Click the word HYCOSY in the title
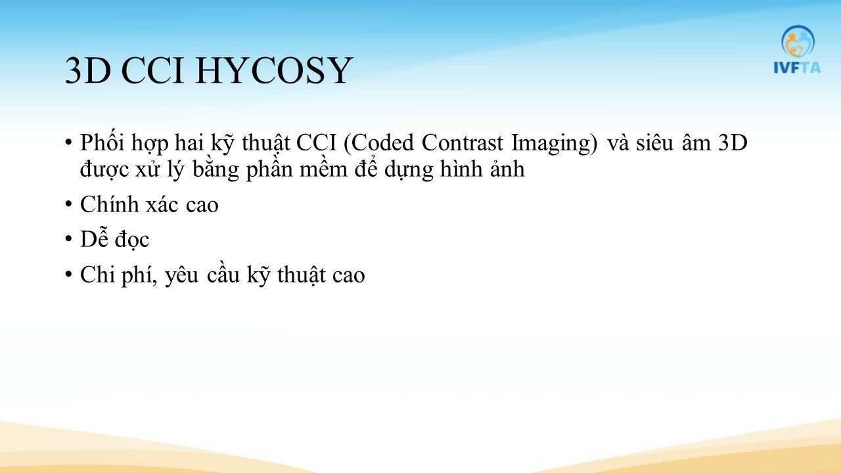[274, 70]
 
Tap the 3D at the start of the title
[88, 70]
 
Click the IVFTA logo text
[797, 68]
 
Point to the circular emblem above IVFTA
[798, 41]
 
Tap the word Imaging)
[554, 144]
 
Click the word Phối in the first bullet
[102, 143]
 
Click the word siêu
[654, 143]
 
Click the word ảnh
[507, 169]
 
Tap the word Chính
[109, 204]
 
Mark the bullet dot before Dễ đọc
[68, 240]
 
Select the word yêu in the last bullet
[182, 276]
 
